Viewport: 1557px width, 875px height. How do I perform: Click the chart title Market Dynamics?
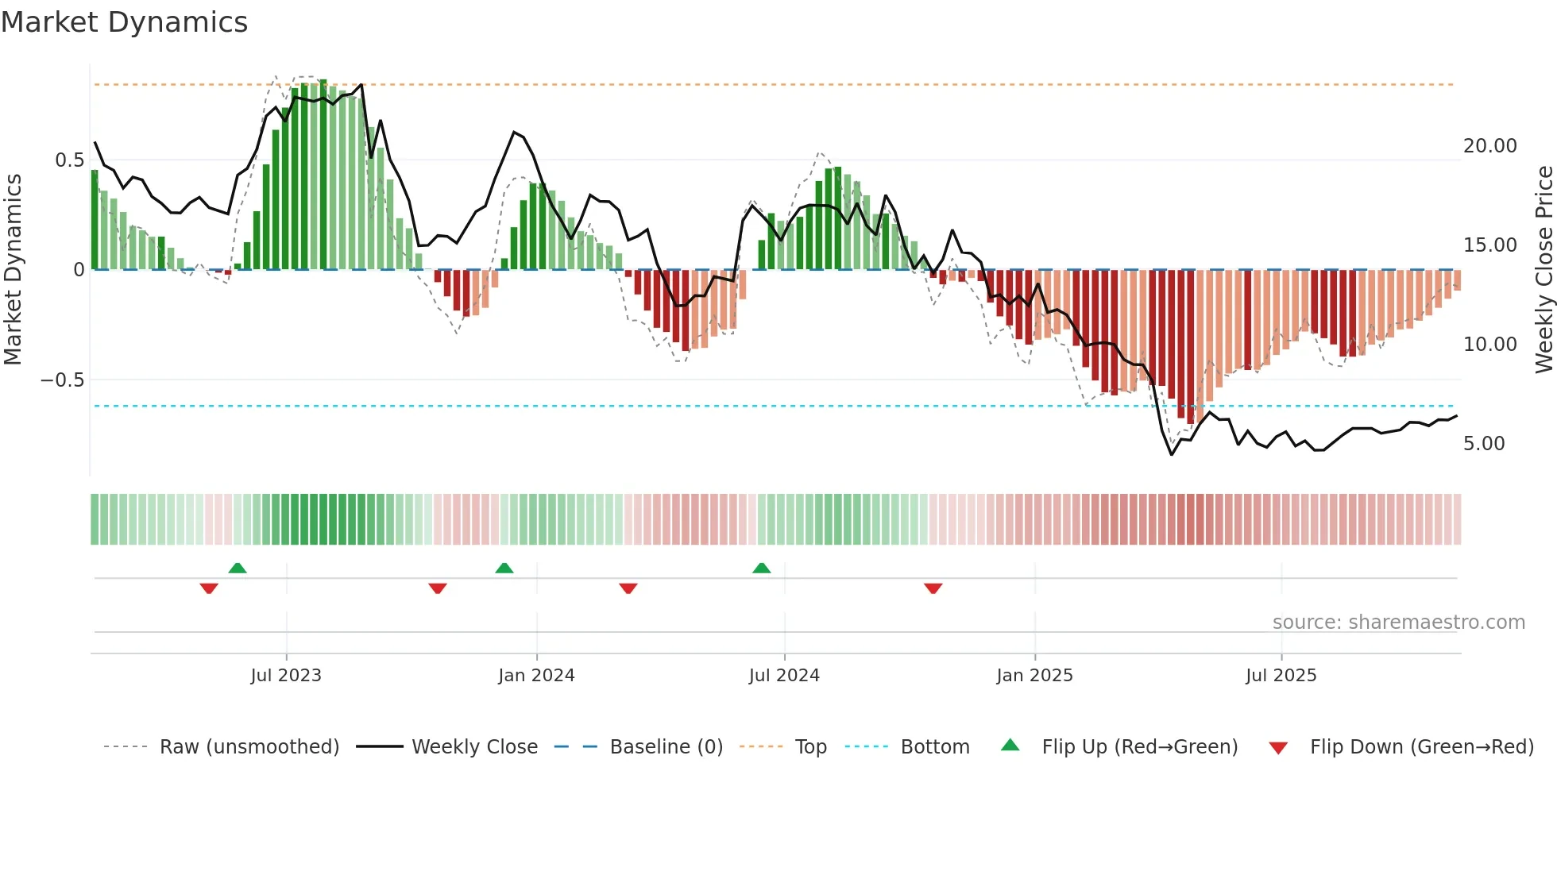[x=124, y=22]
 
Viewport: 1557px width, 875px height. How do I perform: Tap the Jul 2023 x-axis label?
[x=286, y=676]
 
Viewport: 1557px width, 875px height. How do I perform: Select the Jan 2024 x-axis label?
[x=536, y=676]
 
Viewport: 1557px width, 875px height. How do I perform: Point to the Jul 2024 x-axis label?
[x=784, y=676]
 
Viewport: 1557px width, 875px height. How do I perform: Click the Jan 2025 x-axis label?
[x=1034, y=676]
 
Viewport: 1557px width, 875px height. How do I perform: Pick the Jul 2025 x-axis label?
[x=1281, y=676]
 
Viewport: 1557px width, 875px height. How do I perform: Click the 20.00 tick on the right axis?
[x=1489, y=146]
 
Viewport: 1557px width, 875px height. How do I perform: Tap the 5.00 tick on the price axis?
[x=1483, y=444]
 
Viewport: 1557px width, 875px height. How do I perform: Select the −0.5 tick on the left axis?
[x=62, y=380]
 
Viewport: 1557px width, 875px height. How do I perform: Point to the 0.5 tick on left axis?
[x=69, y=160]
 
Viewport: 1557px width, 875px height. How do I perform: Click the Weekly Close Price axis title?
[x=1543, y=269]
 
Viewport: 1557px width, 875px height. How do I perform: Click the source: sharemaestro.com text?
[x=1398, y=623]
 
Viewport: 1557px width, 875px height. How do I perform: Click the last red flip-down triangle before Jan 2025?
[x=933, y=588]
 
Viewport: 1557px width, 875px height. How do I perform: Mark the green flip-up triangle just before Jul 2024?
[x=761, y=568]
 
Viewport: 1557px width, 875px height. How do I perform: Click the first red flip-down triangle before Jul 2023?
[x=209, y=588]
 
